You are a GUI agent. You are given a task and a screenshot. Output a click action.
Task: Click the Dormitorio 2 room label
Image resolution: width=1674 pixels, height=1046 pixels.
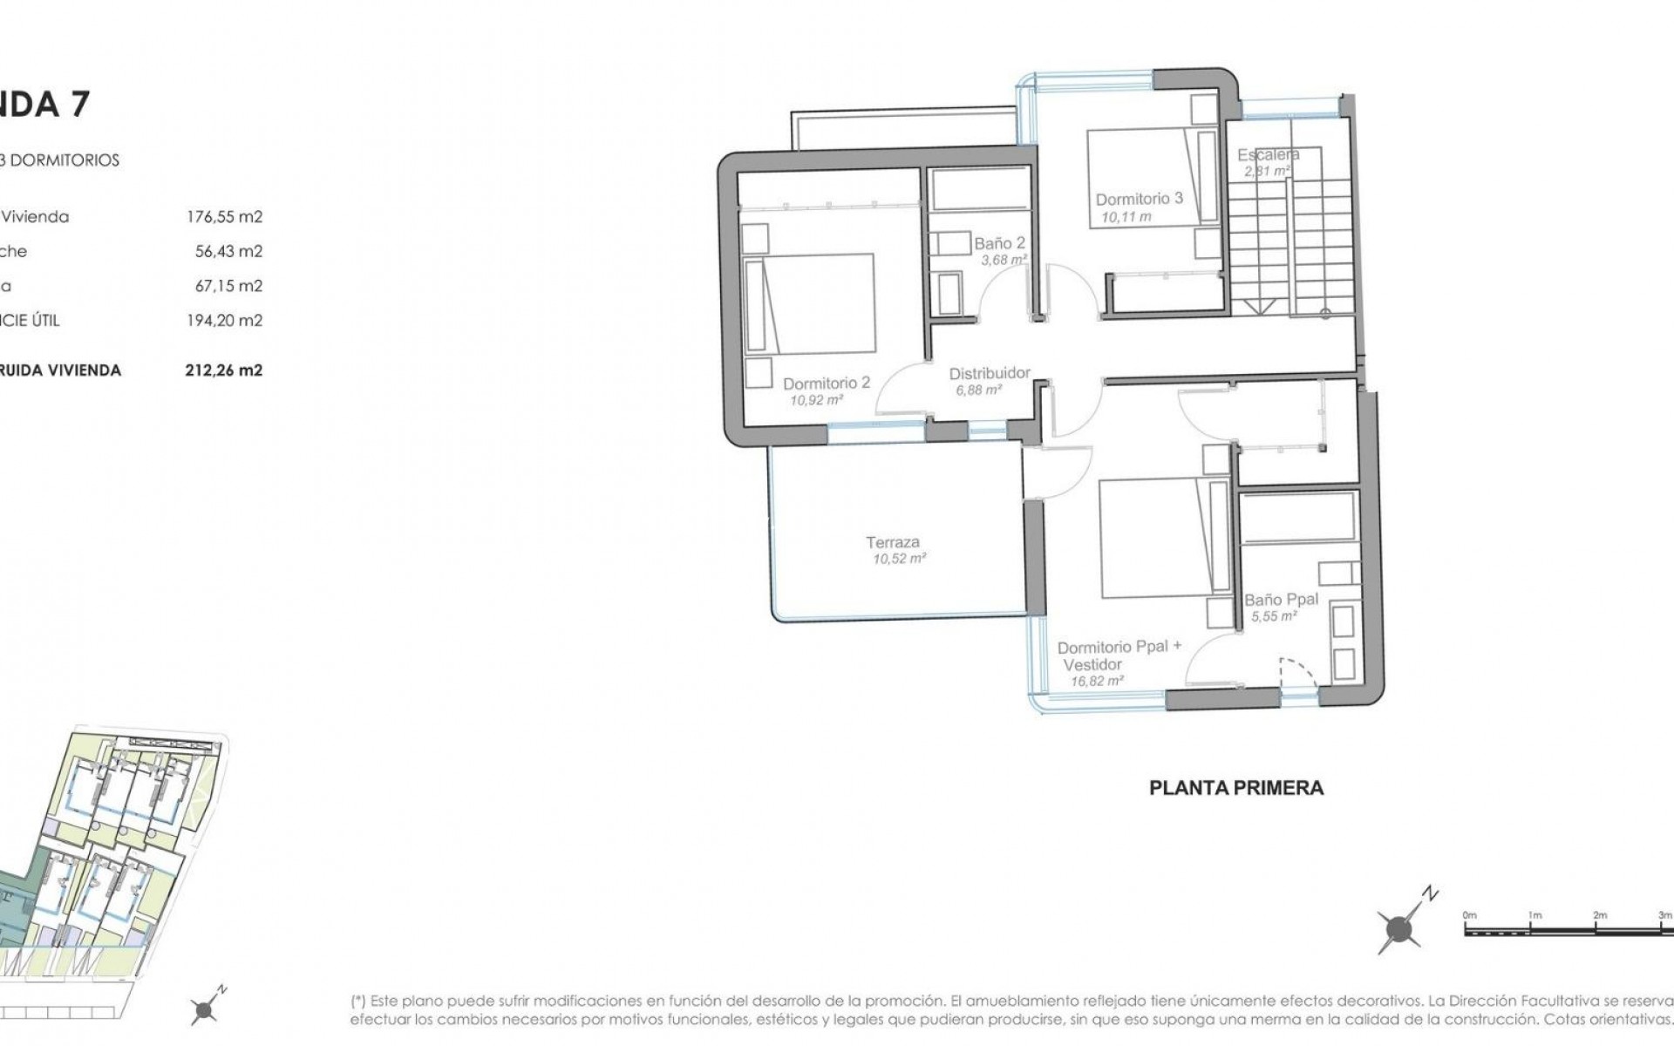point(827,383)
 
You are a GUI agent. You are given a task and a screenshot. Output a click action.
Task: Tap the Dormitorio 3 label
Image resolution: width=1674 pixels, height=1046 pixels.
point(1139,199)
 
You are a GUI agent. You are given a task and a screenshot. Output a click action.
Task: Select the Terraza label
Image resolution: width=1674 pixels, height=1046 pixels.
point(893,542)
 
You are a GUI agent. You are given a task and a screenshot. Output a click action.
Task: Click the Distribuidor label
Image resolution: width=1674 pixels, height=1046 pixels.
point(990,374)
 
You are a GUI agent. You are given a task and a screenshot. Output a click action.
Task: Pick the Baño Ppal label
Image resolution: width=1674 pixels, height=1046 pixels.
point(1281,600)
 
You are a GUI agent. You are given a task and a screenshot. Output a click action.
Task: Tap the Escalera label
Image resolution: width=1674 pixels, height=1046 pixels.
point(1269,155)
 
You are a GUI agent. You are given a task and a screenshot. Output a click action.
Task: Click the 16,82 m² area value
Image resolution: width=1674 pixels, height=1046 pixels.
point(1097,681)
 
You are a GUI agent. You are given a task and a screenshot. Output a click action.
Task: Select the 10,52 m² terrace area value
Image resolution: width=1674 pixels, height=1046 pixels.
point(899,559)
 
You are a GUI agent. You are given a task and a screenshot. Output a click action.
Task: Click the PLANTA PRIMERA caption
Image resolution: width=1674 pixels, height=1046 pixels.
point(1235,788)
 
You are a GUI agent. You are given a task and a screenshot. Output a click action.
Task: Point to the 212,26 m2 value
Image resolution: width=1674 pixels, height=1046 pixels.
point(224,370)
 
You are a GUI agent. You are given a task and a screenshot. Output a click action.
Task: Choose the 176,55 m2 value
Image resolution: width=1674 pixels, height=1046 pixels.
point(224,217)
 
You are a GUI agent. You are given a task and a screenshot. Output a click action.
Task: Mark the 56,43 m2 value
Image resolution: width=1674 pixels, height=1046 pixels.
point(228,251)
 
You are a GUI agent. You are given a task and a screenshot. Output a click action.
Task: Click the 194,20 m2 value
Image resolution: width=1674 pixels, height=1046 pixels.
point(224,320)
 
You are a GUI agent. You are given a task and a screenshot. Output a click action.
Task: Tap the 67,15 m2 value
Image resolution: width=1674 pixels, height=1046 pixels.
point(228,286)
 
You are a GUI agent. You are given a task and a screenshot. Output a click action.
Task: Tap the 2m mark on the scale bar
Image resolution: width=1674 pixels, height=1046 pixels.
point(1599,915)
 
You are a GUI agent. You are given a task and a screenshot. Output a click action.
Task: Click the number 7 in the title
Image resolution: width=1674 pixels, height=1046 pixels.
point(78,105)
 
